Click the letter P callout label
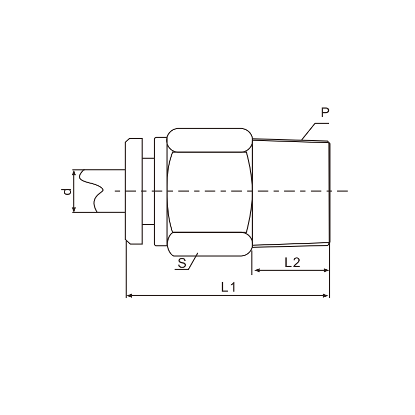click(x=325, y=113)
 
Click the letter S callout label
click(x=182, y=263)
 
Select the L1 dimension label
click(x=228, y=287)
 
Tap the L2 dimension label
click(x=292, y=262)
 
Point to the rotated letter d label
click(x=68, y=191)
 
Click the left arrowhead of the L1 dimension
click(x=129, y=295)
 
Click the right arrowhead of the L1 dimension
click(x=326, y=295)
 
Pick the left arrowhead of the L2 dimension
click(x=257, y=270)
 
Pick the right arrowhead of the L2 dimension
click(x=326, y=270)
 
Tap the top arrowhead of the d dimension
click(x=74, y=173)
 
